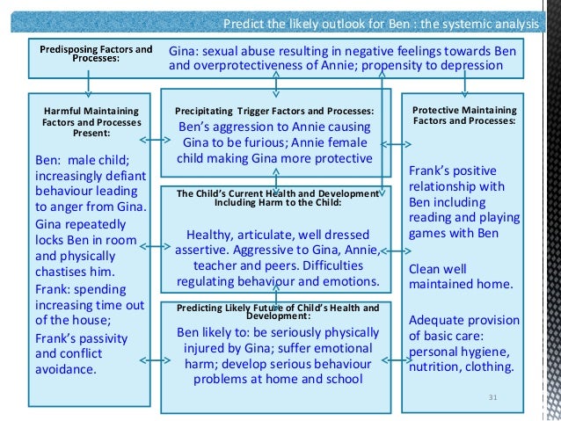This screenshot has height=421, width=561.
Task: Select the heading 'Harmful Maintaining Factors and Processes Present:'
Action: point(85,121)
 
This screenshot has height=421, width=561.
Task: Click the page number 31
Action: point(492,399)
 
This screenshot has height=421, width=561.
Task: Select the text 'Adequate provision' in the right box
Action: point(464,320)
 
